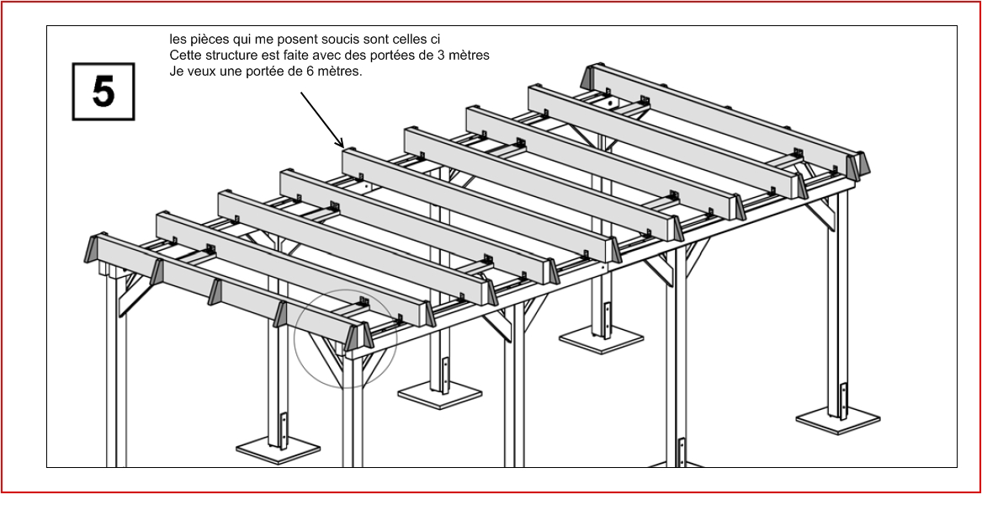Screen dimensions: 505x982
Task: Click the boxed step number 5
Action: pos(104,92)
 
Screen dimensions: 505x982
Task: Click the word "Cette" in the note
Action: pos(184,56)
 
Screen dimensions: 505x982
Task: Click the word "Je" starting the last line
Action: pos(175,72)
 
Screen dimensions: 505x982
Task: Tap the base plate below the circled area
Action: pos(440,393)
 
